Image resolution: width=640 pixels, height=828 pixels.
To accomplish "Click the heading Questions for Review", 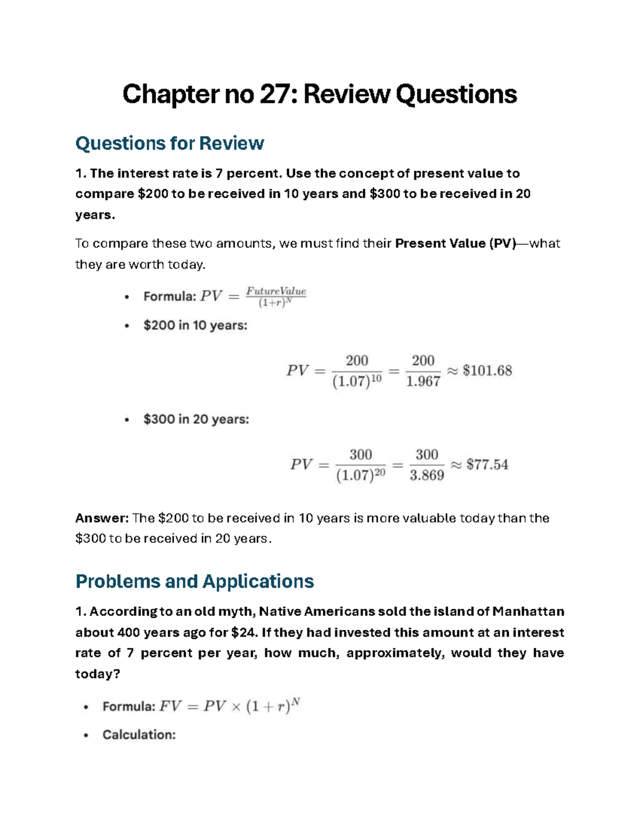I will coord(170,143).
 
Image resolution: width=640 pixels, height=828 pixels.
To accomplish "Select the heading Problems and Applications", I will coord(195,581).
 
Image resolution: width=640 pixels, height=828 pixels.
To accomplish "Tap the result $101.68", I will coord(487,371).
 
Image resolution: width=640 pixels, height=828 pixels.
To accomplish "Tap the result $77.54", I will coord(487,464).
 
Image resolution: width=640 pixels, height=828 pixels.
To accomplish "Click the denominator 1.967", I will coord(423,382).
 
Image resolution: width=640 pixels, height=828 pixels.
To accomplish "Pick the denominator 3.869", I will coord(427,476).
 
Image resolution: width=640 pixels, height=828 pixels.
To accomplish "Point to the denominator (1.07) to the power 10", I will coord(357,382).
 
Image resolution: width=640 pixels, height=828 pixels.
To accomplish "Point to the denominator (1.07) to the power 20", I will coord(361,476).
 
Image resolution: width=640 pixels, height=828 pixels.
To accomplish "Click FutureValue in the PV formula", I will coord(276,291).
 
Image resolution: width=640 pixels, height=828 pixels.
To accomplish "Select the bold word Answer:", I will coord(102,518).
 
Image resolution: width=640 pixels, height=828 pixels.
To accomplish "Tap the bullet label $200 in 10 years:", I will coord(195,325).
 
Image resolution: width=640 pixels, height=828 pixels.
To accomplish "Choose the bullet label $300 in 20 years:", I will coord(196,419).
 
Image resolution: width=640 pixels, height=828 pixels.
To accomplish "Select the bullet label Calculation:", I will coord(139,735).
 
